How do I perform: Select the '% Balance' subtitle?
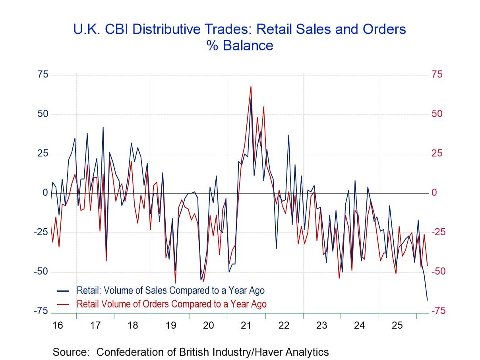click(x=240, y=45)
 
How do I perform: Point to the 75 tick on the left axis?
click(x=43, y=75)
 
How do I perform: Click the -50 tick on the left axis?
click(x=41, y=272)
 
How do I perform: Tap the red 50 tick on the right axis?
click(x=437, y=114)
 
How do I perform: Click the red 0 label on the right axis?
click(x=434, y=193)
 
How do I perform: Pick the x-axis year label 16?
click(x=57, y=325)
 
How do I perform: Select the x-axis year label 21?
click(x=246, y=325)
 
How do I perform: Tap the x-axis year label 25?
click(x=397, y=325)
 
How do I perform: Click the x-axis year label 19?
click(x=170, y=325)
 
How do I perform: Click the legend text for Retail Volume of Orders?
click(x=171, y=304)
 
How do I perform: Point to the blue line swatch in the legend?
click(x=64, y=290)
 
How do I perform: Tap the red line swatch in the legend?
click(x=64, y=304)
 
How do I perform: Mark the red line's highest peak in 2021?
click(x=251, y=86)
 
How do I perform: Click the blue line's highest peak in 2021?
click(x=251, y=99)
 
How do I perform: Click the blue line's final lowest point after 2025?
click(x=427, y=300)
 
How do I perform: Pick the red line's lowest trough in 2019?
click(x=175, y=283)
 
